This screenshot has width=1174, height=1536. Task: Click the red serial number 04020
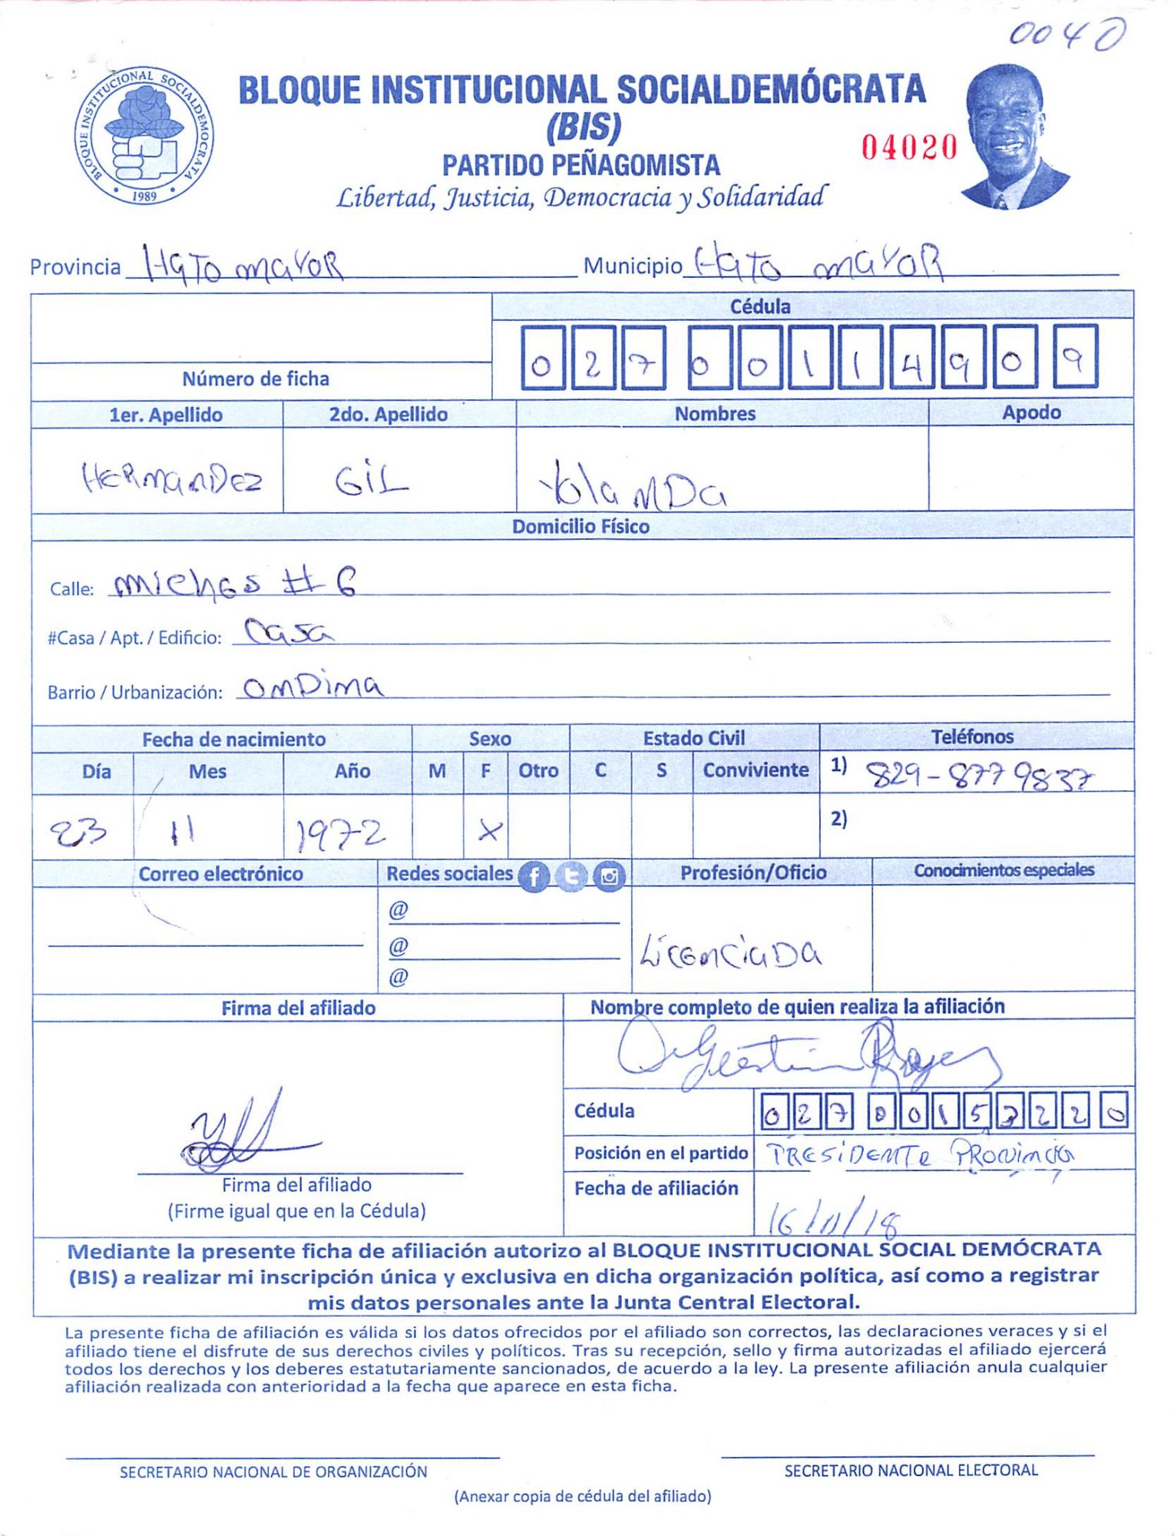point(908,147)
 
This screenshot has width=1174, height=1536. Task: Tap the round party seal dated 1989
point(144,135)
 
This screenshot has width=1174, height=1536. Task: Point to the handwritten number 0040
point(1067,35)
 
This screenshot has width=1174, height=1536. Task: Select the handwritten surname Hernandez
point(172,480)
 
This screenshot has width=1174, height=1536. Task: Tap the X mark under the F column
point(488,829)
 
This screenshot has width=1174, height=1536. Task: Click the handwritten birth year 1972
point(340,835)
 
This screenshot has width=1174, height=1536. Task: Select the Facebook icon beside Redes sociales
point(534,876)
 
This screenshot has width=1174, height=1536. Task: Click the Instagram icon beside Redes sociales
point(610,876)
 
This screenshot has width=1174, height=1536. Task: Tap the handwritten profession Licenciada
point(730,954)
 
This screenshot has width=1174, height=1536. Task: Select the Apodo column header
point(1031,412)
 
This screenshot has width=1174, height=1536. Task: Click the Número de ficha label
point(256,379)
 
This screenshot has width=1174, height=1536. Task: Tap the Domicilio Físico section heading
point(580,526)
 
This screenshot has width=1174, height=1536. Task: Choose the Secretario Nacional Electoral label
point(911,1470)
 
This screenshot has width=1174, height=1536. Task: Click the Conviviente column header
point(756,770)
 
